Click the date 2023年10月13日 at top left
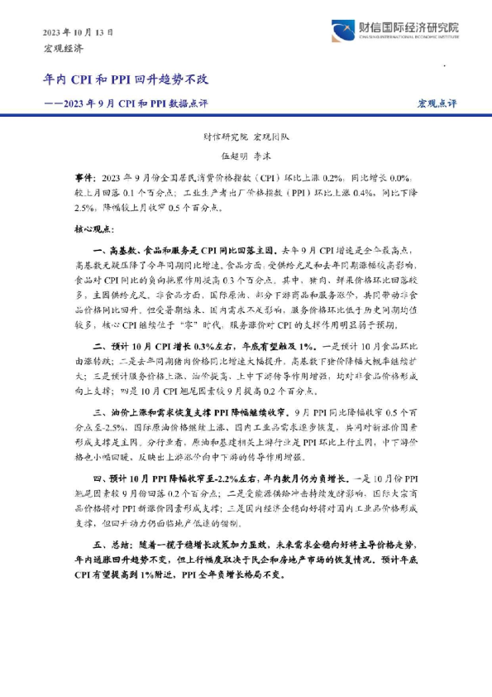click(x=79, y=32)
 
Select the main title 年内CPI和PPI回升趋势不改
click(x=126, y=79)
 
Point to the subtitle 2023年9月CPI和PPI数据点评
click(x=136, y=103)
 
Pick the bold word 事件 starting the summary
click(x=85, y=178)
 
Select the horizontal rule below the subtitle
click(x=246, y=116)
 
